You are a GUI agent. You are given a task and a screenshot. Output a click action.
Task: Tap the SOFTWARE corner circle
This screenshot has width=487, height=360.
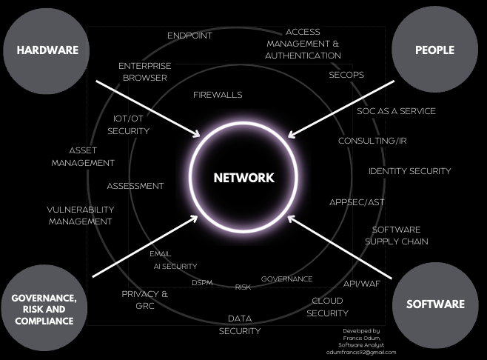point(435,304)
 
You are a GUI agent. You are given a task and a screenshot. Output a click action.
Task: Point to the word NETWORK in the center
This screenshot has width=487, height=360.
point(243,178)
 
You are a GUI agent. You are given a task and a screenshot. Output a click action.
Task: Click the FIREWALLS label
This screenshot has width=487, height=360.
point(218,95)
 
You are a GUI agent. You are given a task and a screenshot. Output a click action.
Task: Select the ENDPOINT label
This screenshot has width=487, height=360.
point(189,36)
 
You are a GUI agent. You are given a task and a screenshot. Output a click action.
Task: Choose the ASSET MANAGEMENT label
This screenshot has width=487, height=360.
point(83,156)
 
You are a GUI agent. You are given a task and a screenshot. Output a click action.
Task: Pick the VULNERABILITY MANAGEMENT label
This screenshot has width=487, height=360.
point(80,215)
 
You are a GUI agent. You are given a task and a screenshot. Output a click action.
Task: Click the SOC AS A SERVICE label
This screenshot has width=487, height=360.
point(396,111)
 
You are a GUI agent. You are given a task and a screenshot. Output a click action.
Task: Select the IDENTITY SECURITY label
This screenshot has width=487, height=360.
point(409,171)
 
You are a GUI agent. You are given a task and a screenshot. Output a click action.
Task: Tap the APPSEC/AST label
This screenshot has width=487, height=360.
point(357,202)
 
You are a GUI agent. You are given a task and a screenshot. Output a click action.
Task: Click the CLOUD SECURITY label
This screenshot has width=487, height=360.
point(327,307)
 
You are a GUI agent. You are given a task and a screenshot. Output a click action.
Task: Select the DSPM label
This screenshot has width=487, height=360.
point(203,283)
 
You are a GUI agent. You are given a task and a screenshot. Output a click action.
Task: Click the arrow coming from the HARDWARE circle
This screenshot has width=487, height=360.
point(148,108)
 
